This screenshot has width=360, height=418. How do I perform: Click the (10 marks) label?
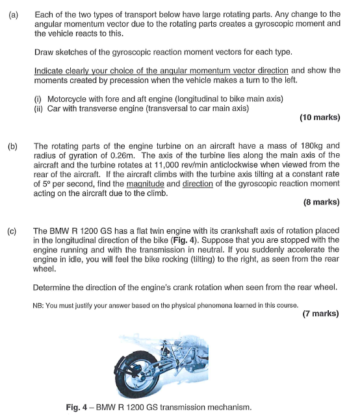(319, 117)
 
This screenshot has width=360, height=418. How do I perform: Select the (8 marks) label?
(321, 202)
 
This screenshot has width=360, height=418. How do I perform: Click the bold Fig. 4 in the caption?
(79, 407)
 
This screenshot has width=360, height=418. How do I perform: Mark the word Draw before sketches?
(44, 51)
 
